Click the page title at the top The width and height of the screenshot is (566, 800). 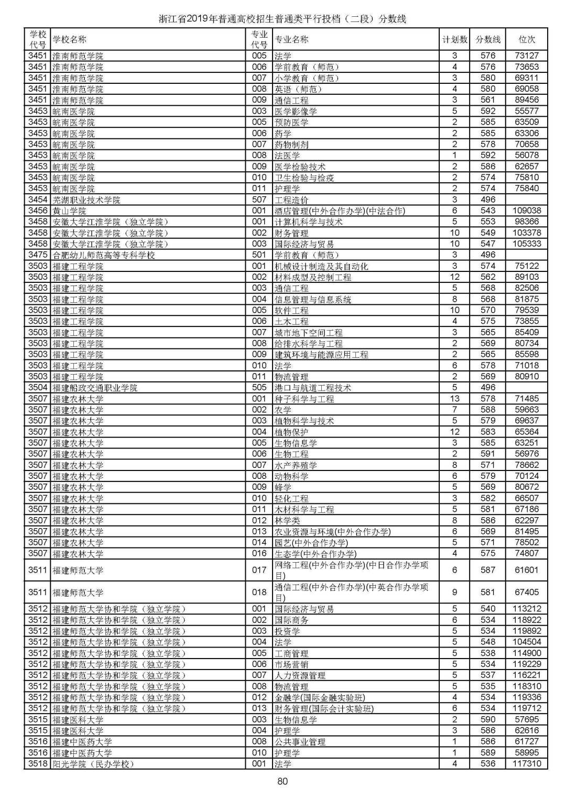282,19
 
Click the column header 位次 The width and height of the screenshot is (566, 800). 526,39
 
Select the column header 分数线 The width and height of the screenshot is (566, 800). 487,39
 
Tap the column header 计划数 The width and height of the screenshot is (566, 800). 454,39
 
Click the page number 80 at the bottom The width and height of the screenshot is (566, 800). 282,782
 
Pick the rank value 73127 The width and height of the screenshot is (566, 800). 526,56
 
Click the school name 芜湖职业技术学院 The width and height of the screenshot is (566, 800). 86,200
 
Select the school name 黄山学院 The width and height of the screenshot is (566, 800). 69,211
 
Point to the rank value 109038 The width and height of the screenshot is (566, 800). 526,211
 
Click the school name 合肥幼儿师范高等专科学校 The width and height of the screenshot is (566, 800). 104,255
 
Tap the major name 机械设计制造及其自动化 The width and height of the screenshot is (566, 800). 321,266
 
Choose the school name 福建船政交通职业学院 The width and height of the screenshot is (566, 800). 95,388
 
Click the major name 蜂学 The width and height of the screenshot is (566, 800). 283,487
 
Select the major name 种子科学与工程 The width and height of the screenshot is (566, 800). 304,399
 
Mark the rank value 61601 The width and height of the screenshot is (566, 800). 526,570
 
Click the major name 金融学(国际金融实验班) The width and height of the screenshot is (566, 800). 320,697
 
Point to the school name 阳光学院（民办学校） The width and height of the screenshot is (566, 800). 93,764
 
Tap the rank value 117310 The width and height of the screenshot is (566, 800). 526,764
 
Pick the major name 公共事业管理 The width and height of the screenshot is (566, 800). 300,742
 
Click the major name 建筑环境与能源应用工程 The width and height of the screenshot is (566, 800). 321,355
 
